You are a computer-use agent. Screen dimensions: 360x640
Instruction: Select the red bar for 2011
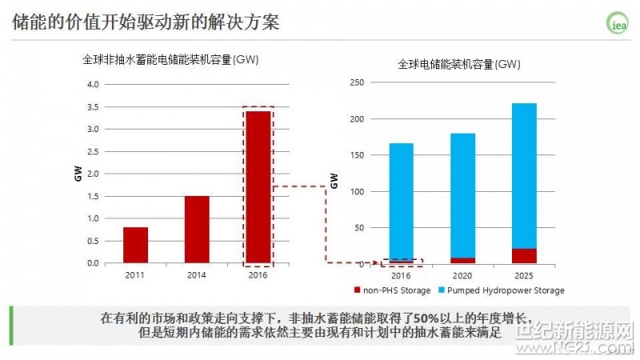(135, 245)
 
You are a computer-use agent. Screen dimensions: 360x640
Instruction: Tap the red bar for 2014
(197, 230)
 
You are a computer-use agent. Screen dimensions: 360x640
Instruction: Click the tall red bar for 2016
(258, 187)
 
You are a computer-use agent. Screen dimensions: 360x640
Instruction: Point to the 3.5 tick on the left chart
(93, 106)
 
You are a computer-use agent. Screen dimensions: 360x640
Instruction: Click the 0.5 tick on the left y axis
(93, 241)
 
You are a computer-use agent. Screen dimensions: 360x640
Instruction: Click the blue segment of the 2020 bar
(462, 195)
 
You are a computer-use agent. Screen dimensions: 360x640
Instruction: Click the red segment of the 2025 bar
(524, 256)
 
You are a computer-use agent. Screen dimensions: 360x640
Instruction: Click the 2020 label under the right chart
(462, 275)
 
